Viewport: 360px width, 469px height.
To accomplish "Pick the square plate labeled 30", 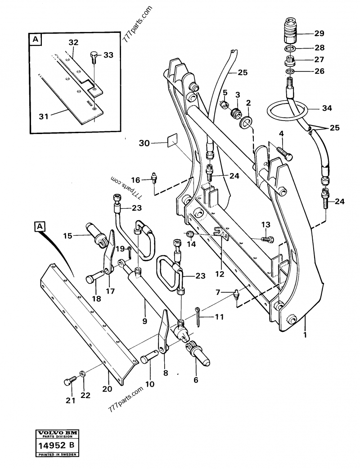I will coord(171,143).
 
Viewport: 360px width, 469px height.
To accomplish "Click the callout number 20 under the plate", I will coord(106,389).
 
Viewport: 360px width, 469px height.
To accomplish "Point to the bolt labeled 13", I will coord(267,239).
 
